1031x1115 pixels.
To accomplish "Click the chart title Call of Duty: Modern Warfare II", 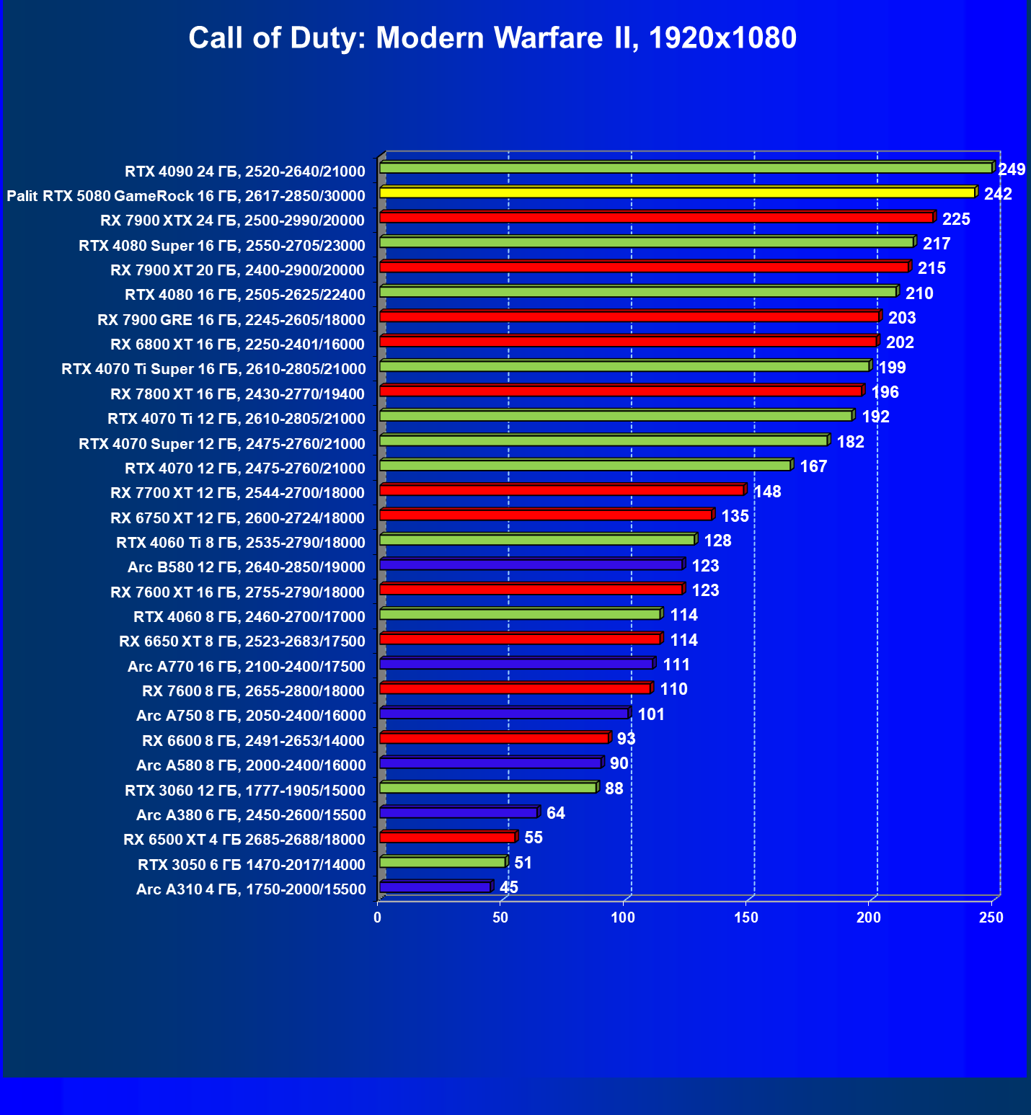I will (x=492, y=38).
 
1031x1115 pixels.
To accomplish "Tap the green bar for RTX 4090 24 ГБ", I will (x=685, y=168).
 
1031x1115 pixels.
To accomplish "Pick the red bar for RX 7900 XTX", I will (x=656, y=218).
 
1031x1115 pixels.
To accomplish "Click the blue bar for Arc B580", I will (x=531, y=564).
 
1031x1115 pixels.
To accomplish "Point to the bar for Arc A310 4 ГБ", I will (x=435, y=887).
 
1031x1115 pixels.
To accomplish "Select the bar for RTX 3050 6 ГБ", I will (x=442, y=862).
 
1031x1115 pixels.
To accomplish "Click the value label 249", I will (x=1012, y=170).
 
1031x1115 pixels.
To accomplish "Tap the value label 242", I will (x=998, y=195).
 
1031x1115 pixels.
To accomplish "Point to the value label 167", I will (x=813, y=467).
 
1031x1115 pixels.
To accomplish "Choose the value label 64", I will (x=556, y=814).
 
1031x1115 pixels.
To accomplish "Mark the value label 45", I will (x=509, y=888).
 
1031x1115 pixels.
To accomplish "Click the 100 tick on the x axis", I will (x=623, y=918).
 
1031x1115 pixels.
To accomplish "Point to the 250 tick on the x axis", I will (x=991, y=918).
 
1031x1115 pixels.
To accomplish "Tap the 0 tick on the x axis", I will (x=378, y=918).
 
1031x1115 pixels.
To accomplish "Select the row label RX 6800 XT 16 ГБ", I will (x=237, y=345).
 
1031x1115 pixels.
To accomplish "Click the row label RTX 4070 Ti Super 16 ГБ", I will (x=213, y=369).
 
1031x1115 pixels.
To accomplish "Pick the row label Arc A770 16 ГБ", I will (x=246, y=667).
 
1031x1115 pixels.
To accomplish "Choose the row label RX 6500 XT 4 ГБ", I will (x=244, y=840).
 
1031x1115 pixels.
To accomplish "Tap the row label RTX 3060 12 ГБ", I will (x=244, y=791).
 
